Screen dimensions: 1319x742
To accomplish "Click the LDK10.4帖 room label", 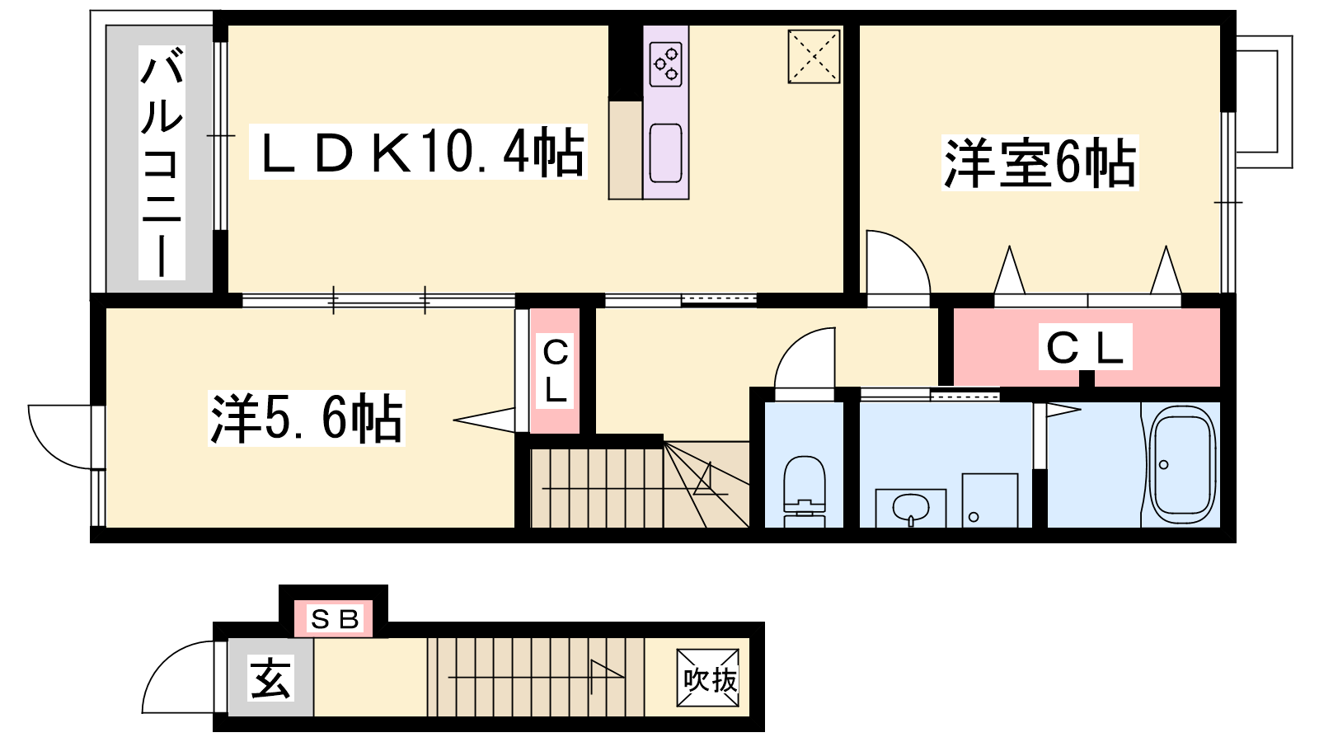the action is (418, 152).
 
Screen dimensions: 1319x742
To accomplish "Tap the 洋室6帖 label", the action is (1040, 162).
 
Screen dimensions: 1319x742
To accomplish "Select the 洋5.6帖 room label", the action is (306, 418).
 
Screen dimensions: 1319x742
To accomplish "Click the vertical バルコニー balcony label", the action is (162, 162).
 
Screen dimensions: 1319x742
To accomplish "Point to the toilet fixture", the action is (805, 491).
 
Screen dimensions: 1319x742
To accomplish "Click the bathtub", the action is (1183, 464).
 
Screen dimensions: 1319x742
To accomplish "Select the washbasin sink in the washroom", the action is (910, 508).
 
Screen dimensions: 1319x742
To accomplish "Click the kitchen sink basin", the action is (665, 153).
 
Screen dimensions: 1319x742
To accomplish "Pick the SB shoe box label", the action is (335, 619).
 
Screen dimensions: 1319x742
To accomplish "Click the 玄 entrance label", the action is (270, 679).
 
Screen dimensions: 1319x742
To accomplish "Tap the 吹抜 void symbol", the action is (708, 677).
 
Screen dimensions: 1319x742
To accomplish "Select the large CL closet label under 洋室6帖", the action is (1085, 347).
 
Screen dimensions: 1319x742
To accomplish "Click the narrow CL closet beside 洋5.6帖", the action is (555, 370).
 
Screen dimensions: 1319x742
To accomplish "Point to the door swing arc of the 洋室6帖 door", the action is (910, 250).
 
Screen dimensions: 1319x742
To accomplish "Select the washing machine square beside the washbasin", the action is (990, 500).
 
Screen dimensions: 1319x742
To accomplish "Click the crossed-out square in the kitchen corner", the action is (814, 57).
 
